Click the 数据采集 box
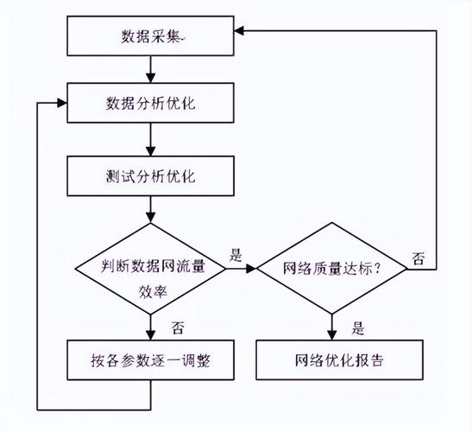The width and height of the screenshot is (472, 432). click(152, 37)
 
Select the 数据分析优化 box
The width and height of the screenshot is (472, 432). click(152, 103)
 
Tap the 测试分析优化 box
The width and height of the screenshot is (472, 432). click(152, 176)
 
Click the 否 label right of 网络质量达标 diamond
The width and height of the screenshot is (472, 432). click(418, 258)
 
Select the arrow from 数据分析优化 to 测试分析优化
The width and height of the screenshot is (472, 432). click(152, 139)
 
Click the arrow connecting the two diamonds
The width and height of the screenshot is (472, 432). click(242, 268)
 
